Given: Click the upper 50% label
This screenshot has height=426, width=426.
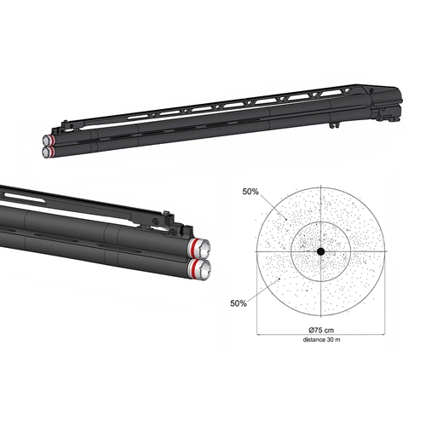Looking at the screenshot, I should (251, 192).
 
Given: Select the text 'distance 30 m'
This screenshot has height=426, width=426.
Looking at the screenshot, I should (319, 341).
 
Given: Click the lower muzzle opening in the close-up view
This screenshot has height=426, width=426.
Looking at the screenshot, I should (201, 271).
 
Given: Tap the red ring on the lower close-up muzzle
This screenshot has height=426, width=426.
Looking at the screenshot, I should (194, 271).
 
